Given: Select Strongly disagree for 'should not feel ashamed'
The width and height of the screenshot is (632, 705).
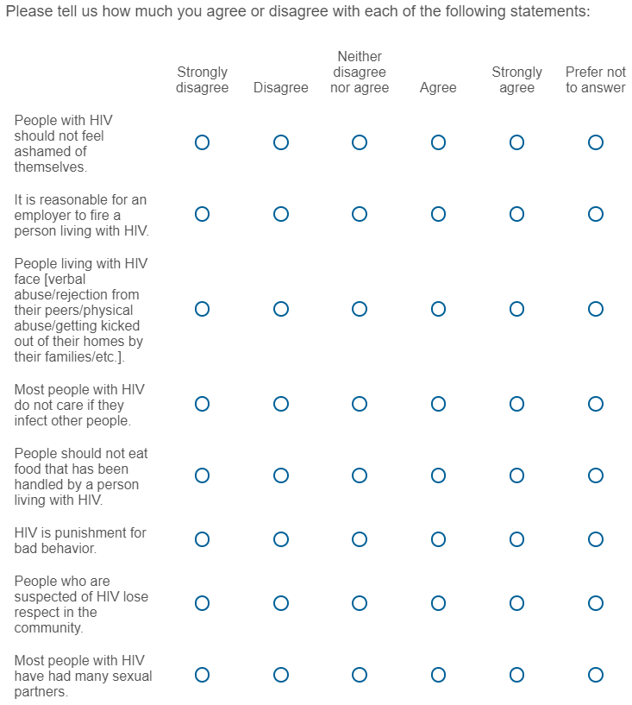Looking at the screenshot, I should click(202, 142).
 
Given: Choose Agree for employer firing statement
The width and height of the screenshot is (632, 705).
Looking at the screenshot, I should click(438, 214).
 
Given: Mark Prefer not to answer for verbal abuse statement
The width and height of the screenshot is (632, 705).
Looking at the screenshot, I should click(595, 309).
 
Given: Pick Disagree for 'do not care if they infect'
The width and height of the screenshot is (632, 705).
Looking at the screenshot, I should click(281, 404).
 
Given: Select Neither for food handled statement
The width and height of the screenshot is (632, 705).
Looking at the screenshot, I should click(360, 475).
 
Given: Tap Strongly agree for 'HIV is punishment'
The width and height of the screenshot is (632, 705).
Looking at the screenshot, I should click(516, 539).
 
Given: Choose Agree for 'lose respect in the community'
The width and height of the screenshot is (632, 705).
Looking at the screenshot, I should click(438, 603).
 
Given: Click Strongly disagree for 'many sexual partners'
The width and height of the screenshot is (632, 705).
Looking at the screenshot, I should click(202, 675).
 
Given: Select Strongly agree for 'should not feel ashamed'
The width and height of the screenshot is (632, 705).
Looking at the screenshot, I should click(516, 142).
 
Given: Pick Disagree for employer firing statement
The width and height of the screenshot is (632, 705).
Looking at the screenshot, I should click(281, 214).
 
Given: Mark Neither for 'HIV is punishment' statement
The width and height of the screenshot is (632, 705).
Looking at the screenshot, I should click(360, 539).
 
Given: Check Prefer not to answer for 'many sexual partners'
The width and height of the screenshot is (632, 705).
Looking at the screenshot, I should click(595, 675).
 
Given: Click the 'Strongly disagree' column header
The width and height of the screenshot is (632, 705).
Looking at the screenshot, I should click(202, 79).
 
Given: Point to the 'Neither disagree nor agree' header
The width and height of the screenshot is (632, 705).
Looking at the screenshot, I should click(360, 72).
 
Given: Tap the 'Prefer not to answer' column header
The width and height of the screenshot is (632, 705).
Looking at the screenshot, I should click(595, 79).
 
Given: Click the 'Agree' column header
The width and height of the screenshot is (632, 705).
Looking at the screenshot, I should click(438, 87).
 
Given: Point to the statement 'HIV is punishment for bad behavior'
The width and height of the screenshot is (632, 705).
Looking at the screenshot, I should click(79, 540).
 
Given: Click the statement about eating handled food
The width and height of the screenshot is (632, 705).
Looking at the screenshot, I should click(76, 476).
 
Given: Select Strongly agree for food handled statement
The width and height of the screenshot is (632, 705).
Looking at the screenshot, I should click(516, 475).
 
